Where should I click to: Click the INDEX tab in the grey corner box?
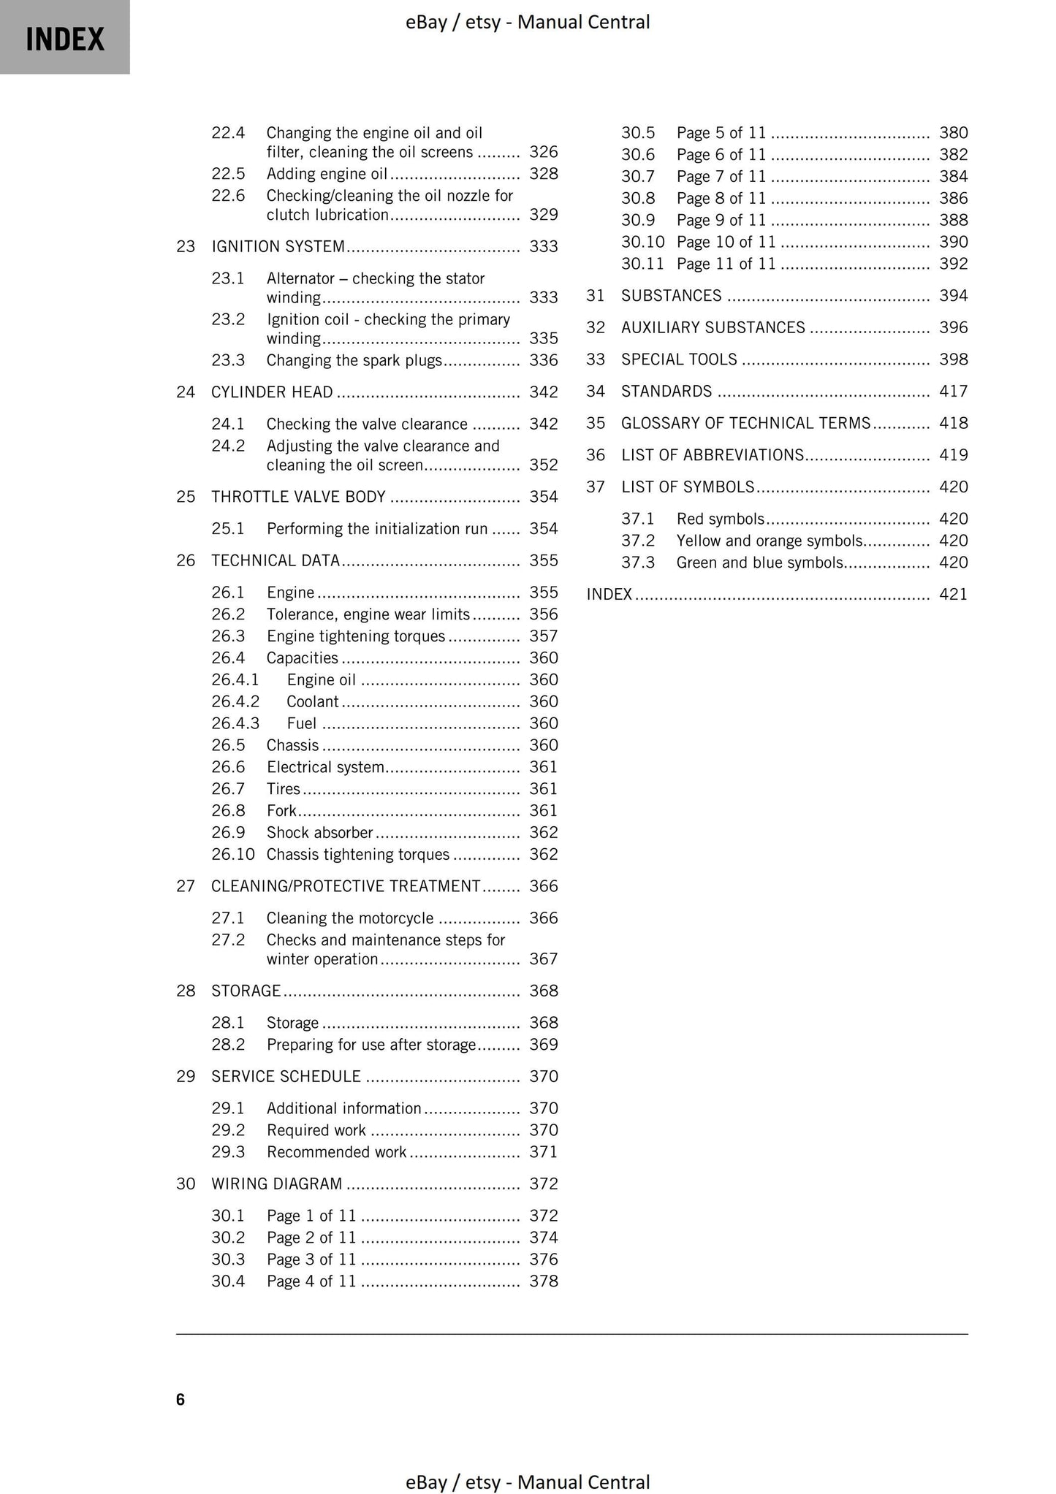pyautogui.click(x=65, y=38)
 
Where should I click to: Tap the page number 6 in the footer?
pyautogui.click(x=181, y=1400)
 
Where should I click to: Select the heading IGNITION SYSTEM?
pyautogui.click(x=278, y=246)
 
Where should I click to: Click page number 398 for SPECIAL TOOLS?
pyautogui.click(x=953, y=359)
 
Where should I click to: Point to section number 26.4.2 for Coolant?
pyautogui.click(x=235, y=701)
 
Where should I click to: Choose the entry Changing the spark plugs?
pyautogui.click(x=354, y=360)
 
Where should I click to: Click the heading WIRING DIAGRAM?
pyautogui.click(x=276, y=1184)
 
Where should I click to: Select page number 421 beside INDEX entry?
pyautogui.click(x=953, y=594)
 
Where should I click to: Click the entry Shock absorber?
pyautogui.click(x=319, y=832)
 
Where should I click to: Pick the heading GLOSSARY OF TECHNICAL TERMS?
pyautogui.click(x=745, y=423)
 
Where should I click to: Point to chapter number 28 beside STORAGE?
pyautogui.click(x=186, y=991)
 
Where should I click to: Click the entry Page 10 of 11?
pyautogui.click(x=726, y=242)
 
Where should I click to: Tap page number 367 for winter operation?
pyautogui.click(x=543, y=958)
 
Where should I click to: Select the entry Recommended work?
pyautogui.click(x=336, y=1152)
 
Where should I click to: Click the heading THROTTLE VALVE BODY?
pyautogui.click(x=298, y=497)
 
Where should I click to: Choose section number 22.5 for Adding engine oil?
pyautogui.click(x=228, y=174)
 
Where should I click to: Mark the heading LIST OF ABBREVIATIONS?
pyautogui.click(x=712, y=455)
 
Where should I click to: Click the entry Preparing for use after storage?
pyautogui.click(x=371, y=1045)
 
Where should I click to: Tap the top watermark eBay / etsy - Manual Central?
pyautogui.click(x=528, y=22)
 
